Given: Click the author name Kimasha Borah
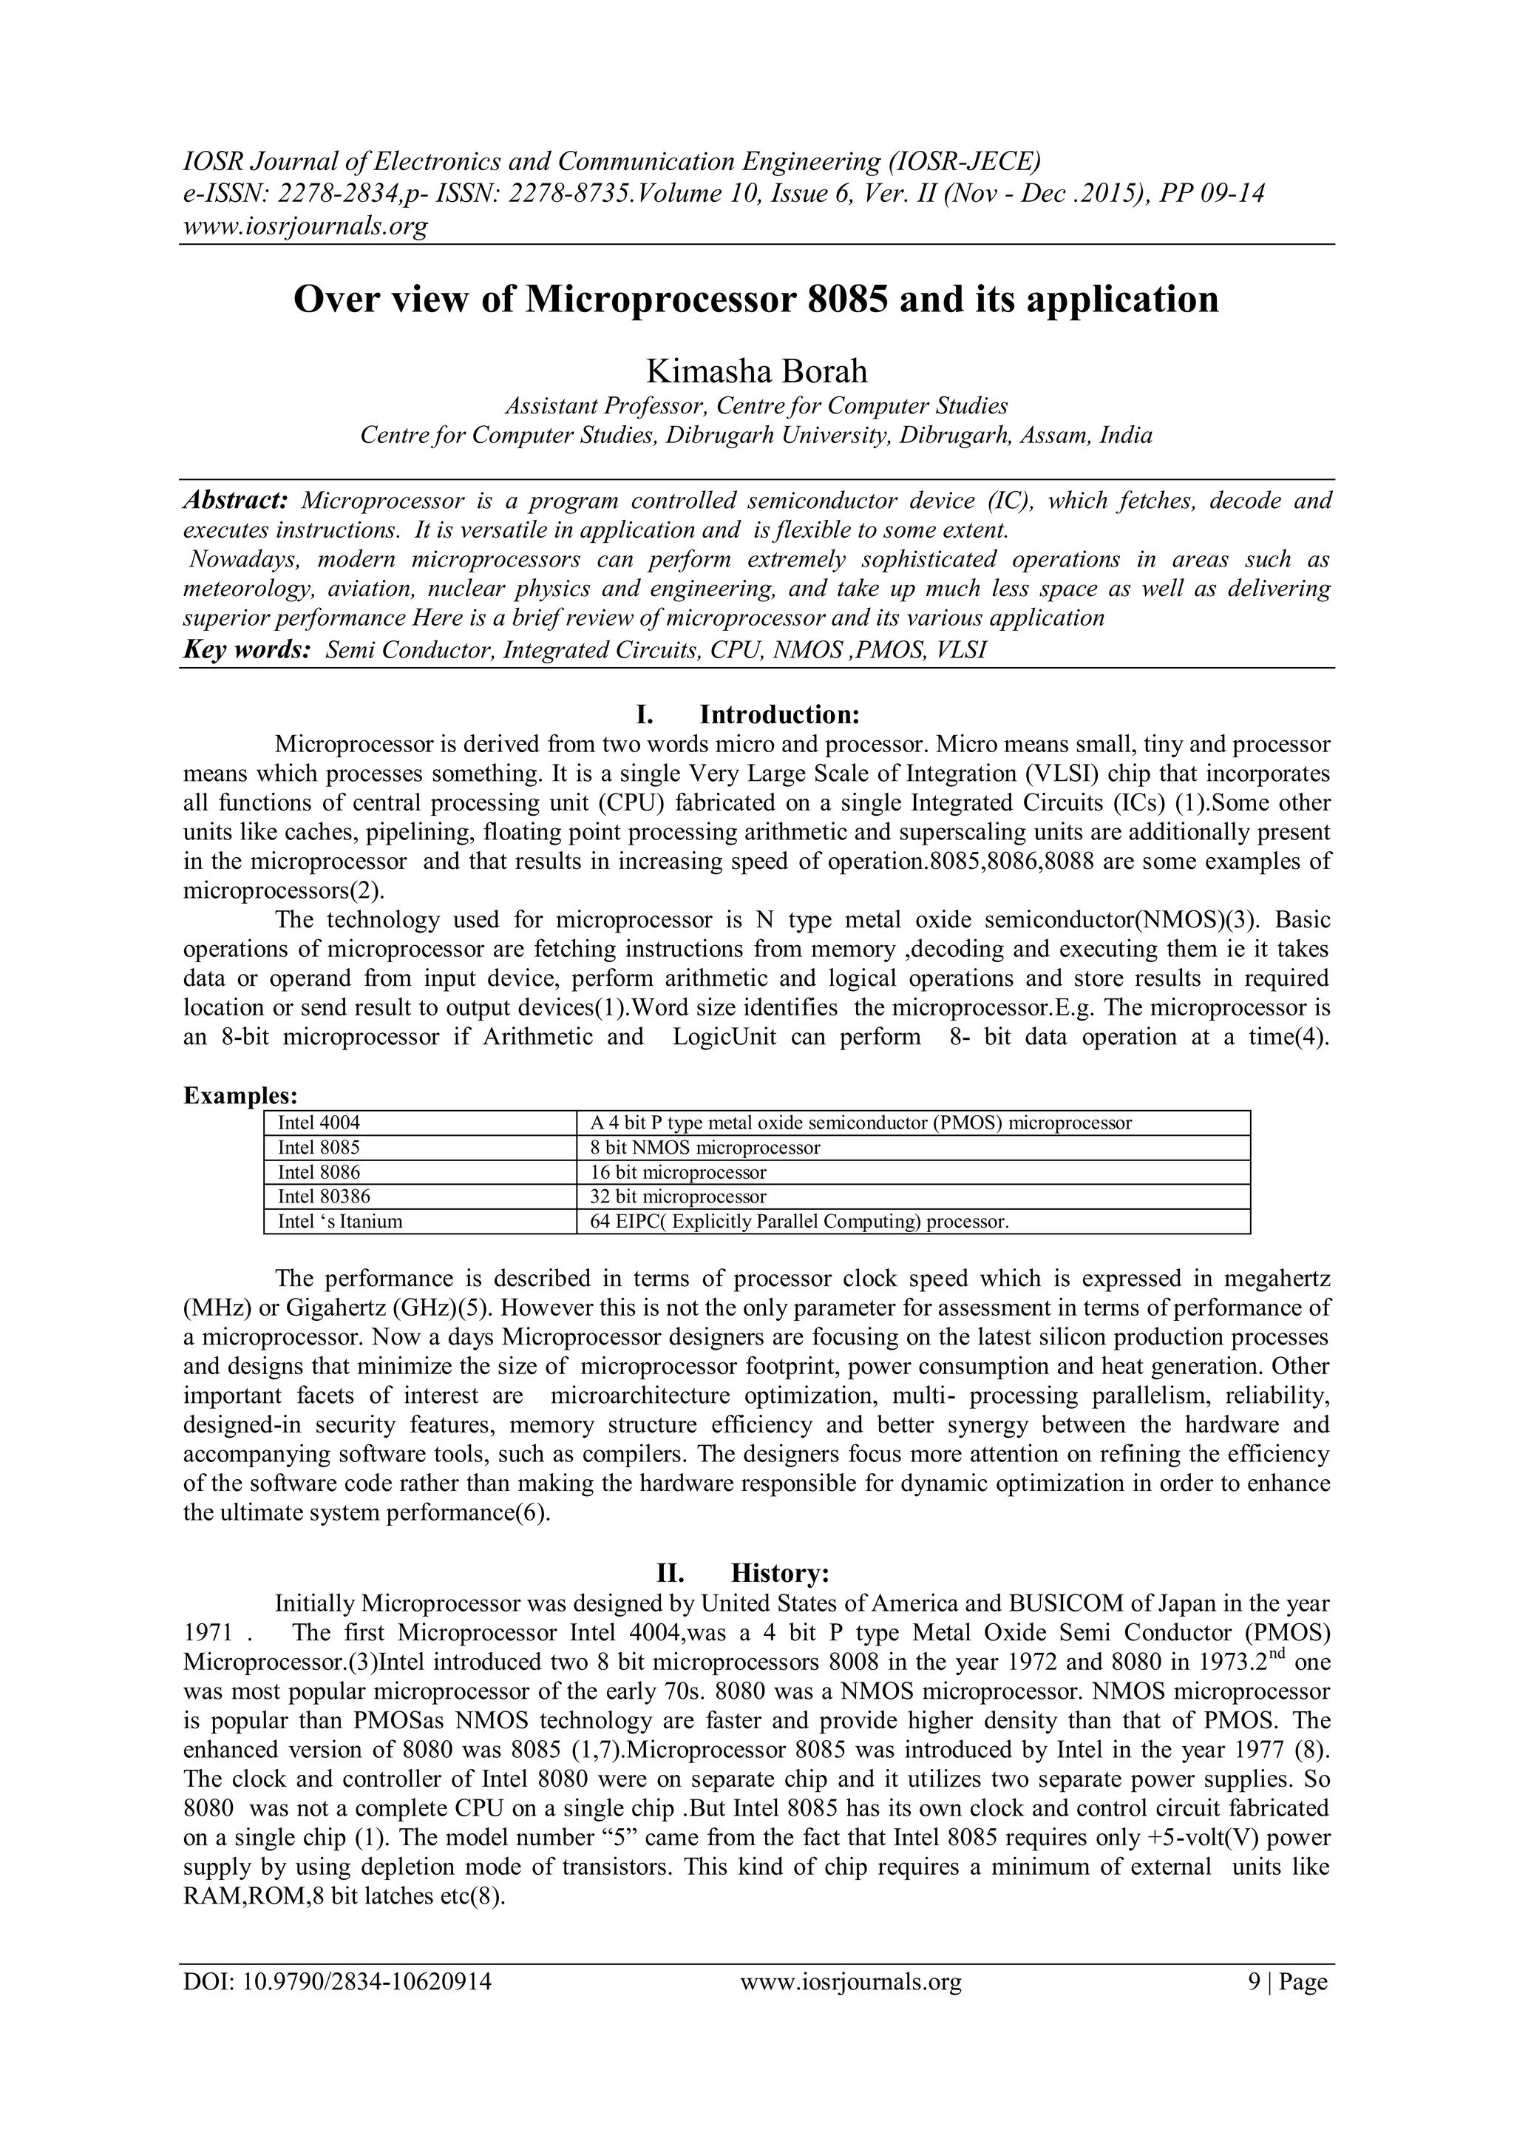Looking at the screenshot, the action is (x=756, y=371).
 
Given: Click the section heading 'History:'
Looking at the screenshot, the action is (x=779, y=1573).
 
